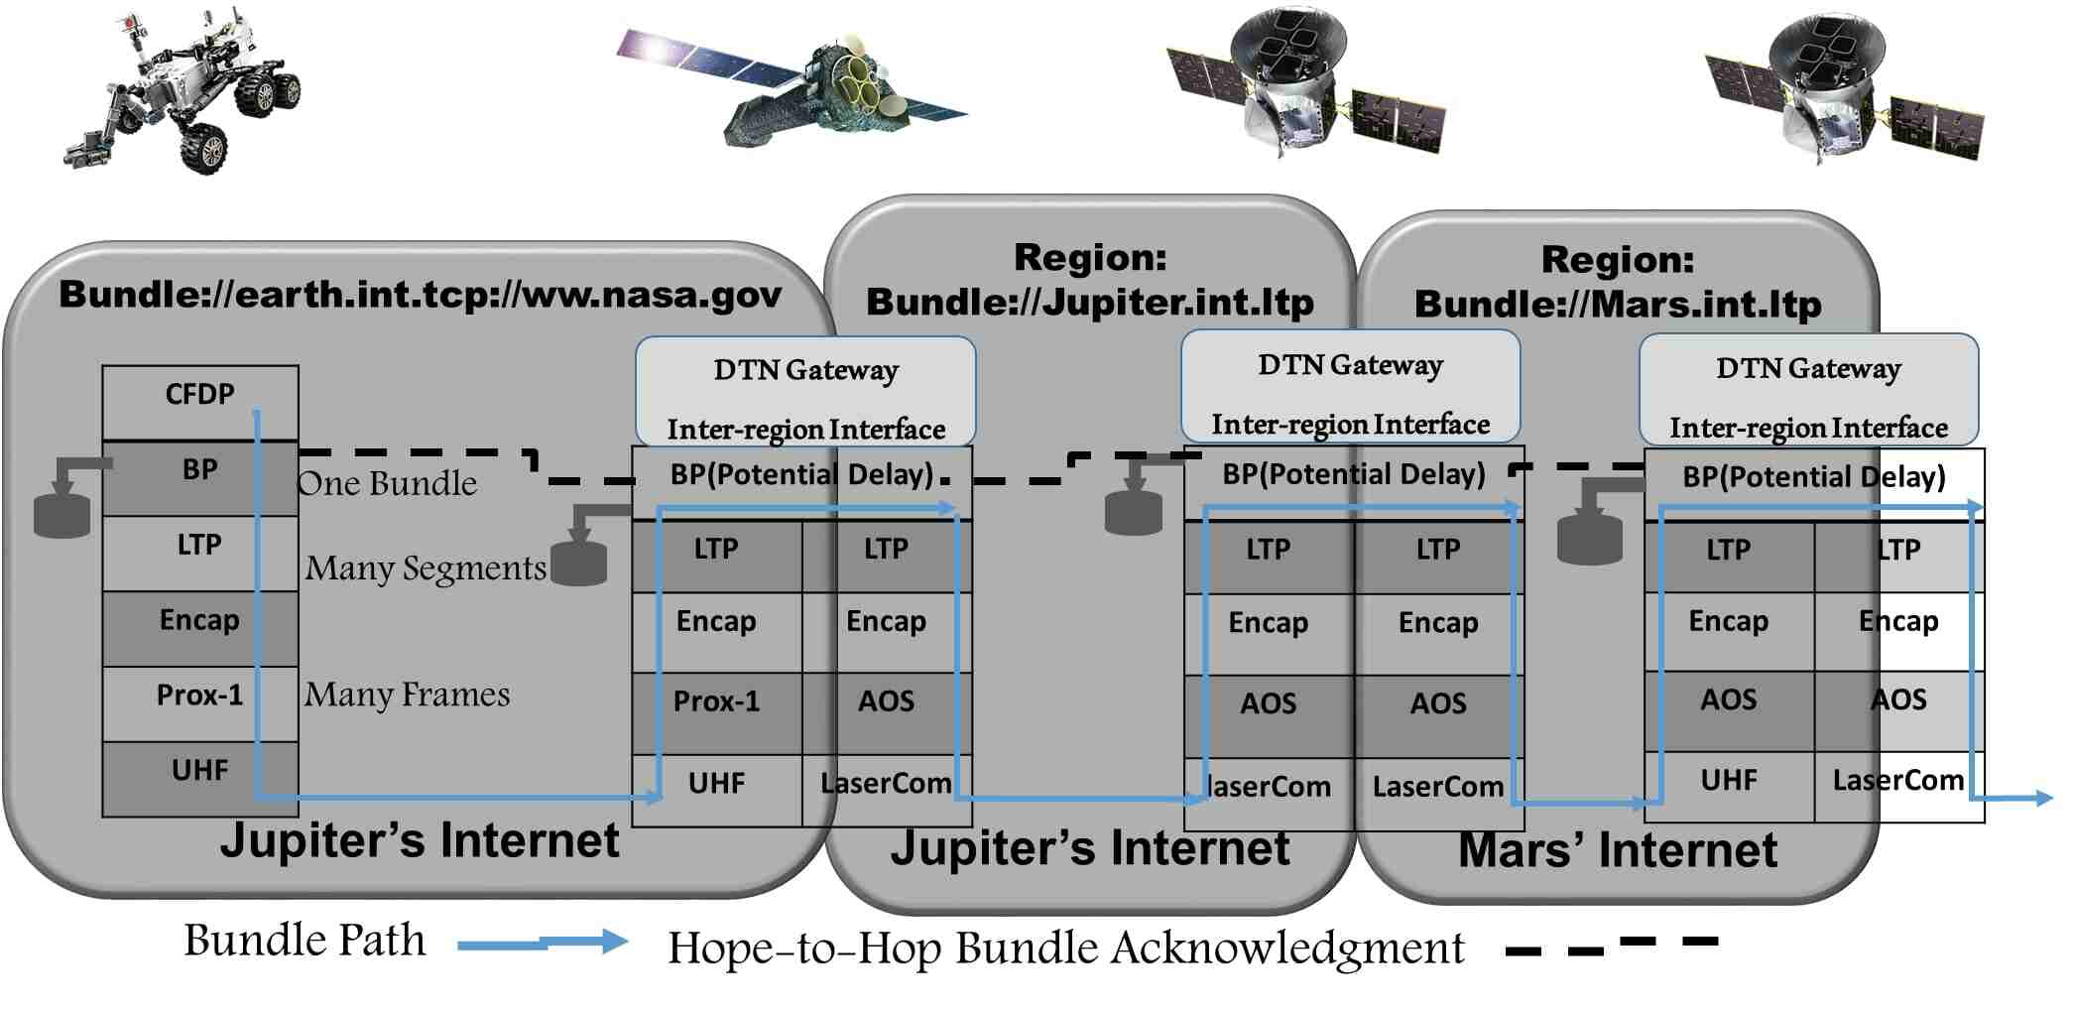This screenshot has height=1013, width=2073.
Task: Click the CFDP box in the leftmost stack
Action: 199,396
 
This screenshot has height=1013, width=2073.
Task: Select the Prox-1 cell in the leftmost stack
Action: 199,696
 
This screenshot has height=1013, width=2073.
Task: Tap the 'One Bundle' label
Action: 387,484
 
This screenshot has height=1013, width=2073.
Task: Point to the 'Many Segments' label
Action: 426,569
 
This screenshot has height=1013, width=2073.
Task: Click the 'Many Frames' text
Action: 407,695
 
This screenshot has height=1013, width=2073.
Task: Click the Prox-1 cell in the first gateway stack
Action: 716,702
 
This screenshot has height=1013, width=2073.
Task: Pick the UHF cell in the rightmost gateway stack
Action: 1729,781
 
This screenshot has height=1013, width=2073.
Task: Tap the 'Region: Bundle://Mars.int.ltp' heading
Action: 1618,282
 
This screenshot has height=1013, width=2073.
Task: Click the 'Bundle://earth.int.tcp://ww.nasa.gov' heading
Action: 421,295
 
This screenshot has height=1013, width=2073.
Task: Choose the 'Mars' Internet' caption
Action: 1618,851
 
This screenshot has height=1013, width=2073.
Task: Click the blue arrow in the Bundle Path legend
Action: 542,943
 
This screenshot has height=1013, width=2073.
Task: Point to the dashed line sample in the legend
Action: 1611,946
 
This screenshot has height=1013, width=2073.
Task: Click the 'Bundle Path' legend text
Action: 305,941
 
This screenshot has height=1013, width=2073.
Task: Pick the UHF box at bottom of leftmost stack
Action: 199,771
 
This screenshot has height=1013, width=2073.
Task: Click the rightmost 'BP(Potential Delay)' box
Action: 1813,478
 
